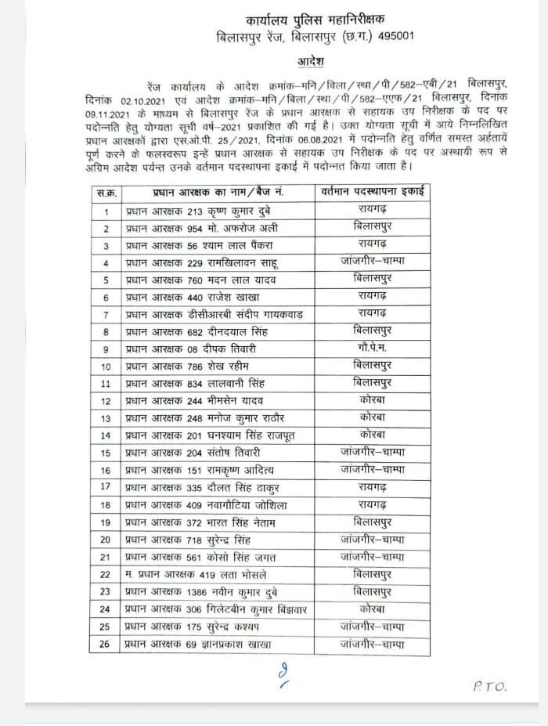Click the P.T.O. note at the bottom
point(490,687)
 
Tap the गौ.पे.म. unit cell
point(367,348)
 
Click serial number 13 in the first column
point(104,417)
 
